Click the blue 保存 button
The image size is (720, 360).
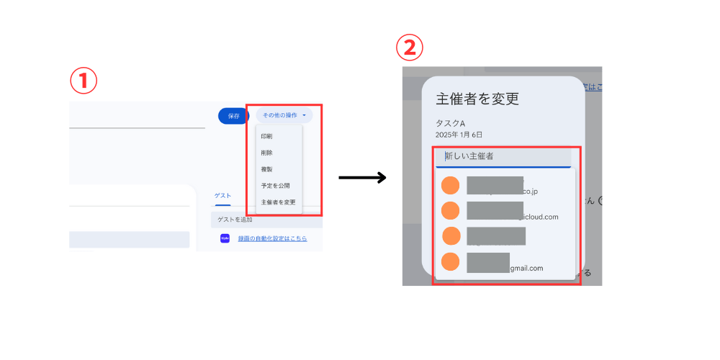pos(233,115)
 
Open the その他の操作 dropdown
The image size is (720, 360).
pos(284,115)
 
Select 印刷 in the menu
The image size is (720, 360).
pos(266,136)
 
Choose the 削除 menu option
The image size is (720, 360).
pos(266,153)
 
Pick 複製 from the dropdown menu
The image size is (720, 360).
pos(266,169)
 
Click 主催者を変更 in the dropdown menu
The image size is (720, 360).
pos(278,202)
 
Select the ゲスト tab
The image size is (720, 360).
pos(222,195)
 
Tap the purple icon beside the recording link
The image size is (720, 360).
pos(225,238)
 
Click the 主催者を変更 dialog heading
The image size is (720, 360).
pos(477,99)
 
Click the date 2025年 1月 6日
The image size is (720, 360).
pos(459,135)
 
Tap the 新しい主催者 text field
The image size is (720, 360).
pos(504,156)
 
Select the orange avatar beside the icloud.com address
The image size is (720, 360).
pos(450,211)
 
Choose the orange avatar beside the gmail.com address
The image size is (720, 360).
pos(450,262)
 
